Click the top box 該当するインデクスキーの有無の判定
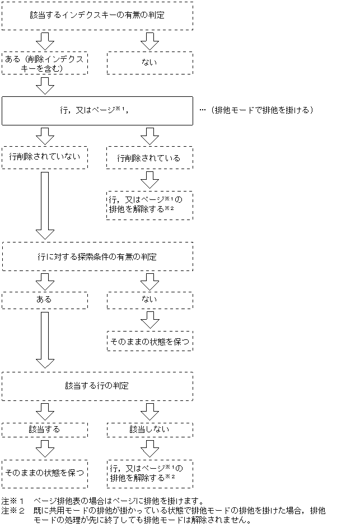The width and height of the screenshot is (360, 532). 97,16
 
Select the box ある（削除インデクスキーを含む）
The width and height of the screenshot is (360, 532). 45,63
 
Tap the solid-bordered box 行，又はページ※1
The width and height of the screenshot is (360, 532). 97,110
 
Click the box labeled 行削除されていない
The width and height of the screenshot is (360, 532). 45,157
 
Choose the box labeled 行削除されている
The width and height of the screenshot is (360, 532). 149,158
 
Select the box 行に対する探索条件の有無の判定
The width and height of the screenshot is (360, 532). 97,257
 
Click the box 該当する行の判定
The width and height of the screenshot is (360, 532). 97,386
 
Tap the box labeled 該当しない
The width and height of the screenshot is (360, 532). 149,429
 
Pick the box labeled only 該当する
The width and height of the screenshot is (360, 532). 45,429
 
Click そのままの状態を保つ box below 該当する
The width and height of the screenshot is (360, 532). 45,473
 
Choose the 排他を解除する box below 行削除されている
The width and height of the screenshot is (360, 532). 149,205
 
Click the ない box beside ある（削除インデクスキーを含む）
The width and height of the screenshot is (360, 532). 149,63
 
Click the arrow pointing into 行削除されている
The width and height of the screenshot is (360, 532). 149,136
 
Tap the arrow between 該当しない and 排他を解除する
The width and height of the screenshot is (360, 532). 149,448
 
